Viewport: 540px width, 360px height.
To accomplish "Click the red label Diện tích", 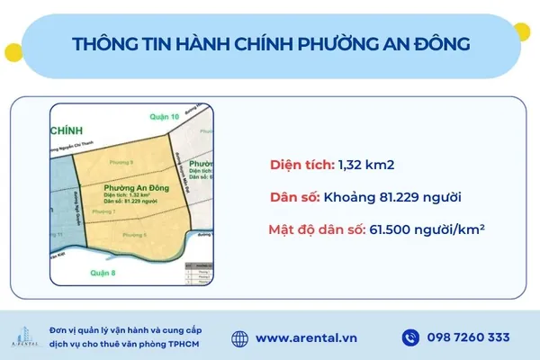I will (301, 165).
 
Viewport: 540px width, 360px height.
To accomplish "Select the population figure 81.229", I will (399, 197).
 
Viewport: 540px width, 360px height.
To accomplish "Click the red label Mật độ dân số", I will (317, 229).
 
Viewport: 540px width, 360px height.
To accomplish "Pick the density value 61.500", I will (393, 229).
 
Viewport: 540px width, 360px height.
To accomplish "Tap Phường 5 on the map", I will (134, 234).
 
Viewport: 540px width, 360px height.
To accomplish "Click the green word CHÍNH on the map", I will (67, 132).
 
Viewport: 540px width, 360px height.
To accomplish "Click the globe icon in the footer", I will (239, 337).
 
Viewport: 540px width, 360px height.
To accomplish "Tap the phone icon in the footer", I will (411, 337).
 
